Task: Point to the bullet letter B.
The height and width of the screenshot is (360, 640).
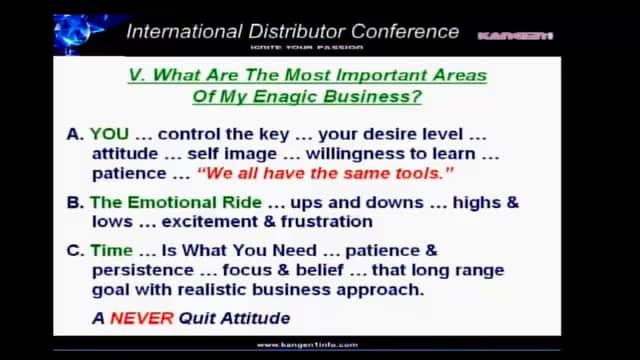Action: tap(75, 202)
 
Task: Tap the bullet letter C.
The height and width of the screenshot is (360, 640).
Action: tap(75, 251)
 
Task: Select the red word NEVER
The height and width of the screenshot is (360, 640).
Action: tap(135, 318)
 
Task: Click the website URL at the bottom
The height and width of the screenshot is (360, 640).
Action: tap(307, 345)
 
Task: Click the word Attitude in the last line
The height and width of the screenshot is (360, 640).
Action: tap(251, 318)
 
